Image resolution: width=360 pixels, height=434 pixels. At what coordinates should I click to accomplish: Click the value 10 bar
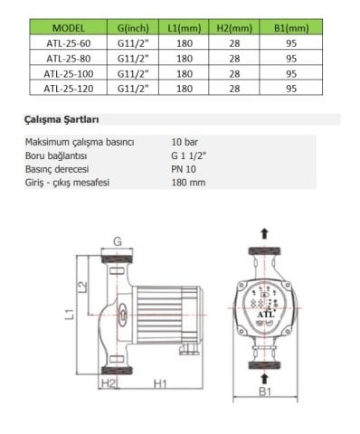185,142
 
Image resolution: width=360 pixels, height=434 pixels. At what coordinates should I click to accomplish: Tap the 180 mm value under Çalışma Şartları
187,183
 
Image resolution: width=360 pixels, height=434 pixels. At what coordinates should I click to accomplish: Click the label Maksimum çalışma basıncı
80,142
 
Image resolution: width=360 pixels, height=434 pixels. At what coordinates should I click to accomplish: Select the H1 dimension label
159,384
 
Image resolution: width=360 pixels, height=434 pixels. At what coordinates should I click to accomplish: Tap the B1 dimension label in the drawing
263,392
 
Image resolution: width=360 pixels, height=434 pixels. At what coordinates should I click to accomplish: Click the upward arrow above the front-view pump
264,232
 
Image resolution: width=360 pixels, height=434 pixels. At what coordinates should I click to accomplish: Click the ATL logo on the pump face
264,315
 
